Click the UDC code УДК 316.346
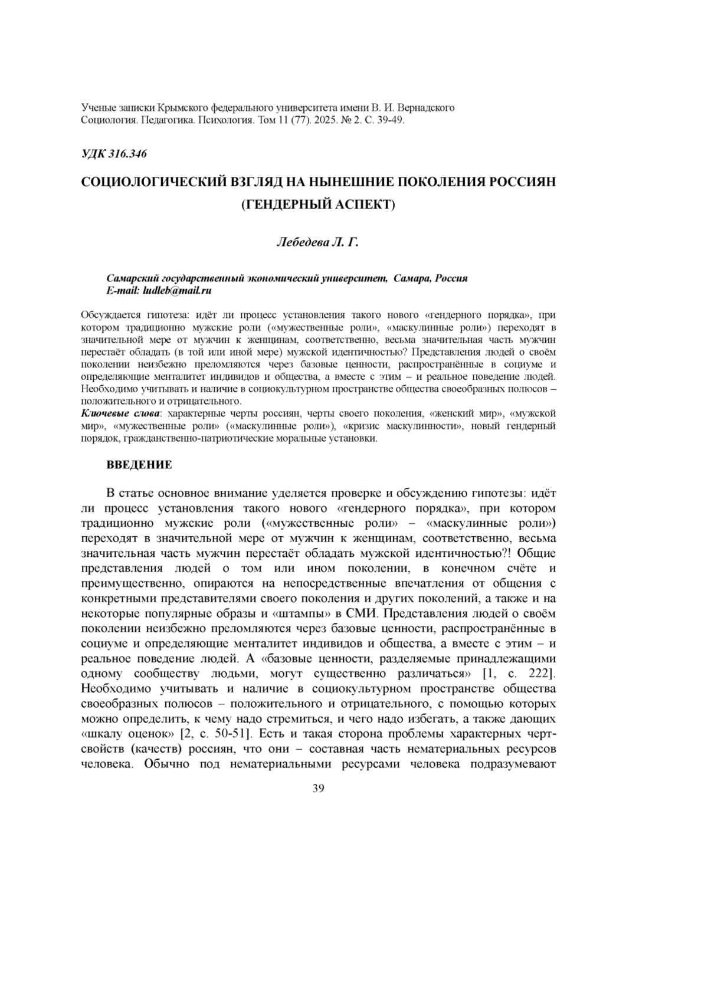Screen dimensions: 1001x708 point(114,155)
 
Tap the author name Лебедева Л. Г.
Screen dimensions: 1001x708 point(317,242)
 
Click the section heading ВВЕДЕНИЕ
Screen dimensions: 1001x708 point(139,465)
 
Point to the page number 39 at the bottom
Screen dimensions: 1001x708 point(318,789)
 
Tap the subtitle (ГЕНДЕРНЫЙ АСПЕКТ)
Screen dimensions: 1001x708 point(317,204)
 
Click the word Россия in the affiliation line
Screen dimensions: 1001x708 point(451,278)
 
